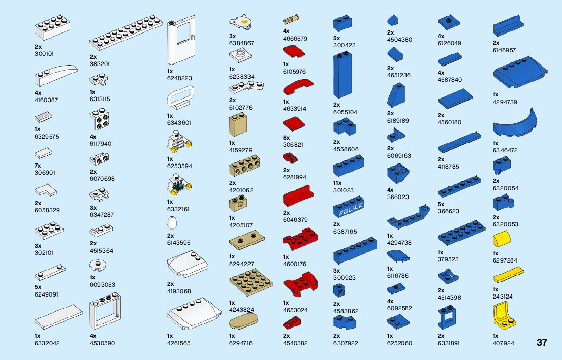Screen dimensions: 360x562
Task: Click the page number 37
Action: [x=542, y=342]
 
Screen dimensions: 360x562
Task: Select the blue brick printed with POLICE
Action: [x=349, y=209]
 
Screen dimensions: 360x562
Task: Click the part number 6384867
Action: [x=241, y=43]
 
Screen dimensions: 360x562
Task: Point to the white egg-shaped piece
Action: [x=172, y=224]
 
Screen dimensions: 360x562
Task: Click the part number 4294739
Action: [x=505, y=102]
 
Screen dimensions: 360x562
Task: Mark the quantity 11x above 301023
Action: [x=338, y=183]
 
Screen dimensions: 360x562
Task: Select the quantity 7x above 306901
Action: [x=38, y=166]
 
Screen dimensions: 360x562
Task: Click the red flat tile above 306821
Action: [x=293, y=124]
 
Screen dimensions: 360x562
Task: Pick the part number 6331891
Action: [x=448, y=343]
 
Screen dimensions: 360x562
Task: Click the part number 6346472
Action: [x=505, y=150]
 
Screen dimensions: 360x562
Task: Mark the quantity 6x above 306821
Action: [x=286, y=138]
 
